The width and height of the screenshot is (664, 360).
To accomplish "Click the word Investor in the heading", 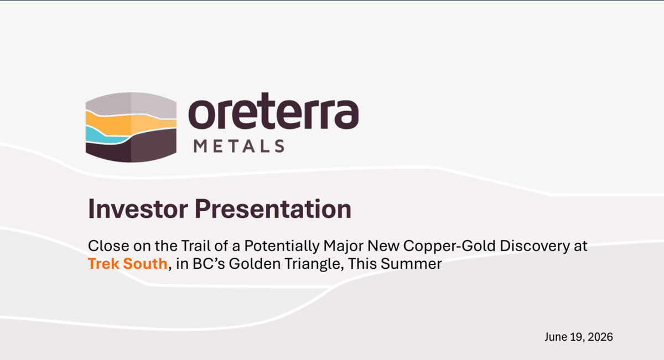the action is [x=138, y=209].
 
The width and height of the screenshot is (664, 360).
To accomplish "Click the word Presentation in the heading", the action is [x=273, y=209].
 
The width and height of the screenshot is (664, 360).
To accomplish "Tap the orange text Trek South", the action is [x=128, y=263].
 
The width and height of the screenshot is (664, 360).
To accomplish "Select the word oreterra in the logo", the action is [x=273, y=111].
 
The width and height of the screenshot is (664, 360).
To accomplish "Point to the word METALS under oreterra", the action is [x=239, y=146].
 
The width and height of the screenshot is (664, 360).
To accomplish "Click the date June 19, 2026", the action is [x=579, y=337].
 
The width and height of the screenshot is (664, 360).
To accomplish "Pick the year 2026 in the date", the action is [x=600, y=337].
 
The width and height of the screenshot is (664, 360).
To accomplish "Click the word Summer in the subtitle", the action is [x=411, y=263].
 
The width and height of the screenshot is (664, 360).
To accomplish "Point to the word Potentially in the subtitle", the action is [x=282, y=246].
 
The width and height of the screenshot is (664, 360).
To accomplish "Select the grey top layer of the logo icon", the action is [x=131, y=104].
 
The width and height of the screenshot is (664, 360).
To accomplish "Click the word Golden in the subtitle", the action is [x=255, y=263].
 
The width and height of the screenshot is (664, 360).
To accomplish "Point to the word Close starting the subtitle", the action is [x=108, y=246].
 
